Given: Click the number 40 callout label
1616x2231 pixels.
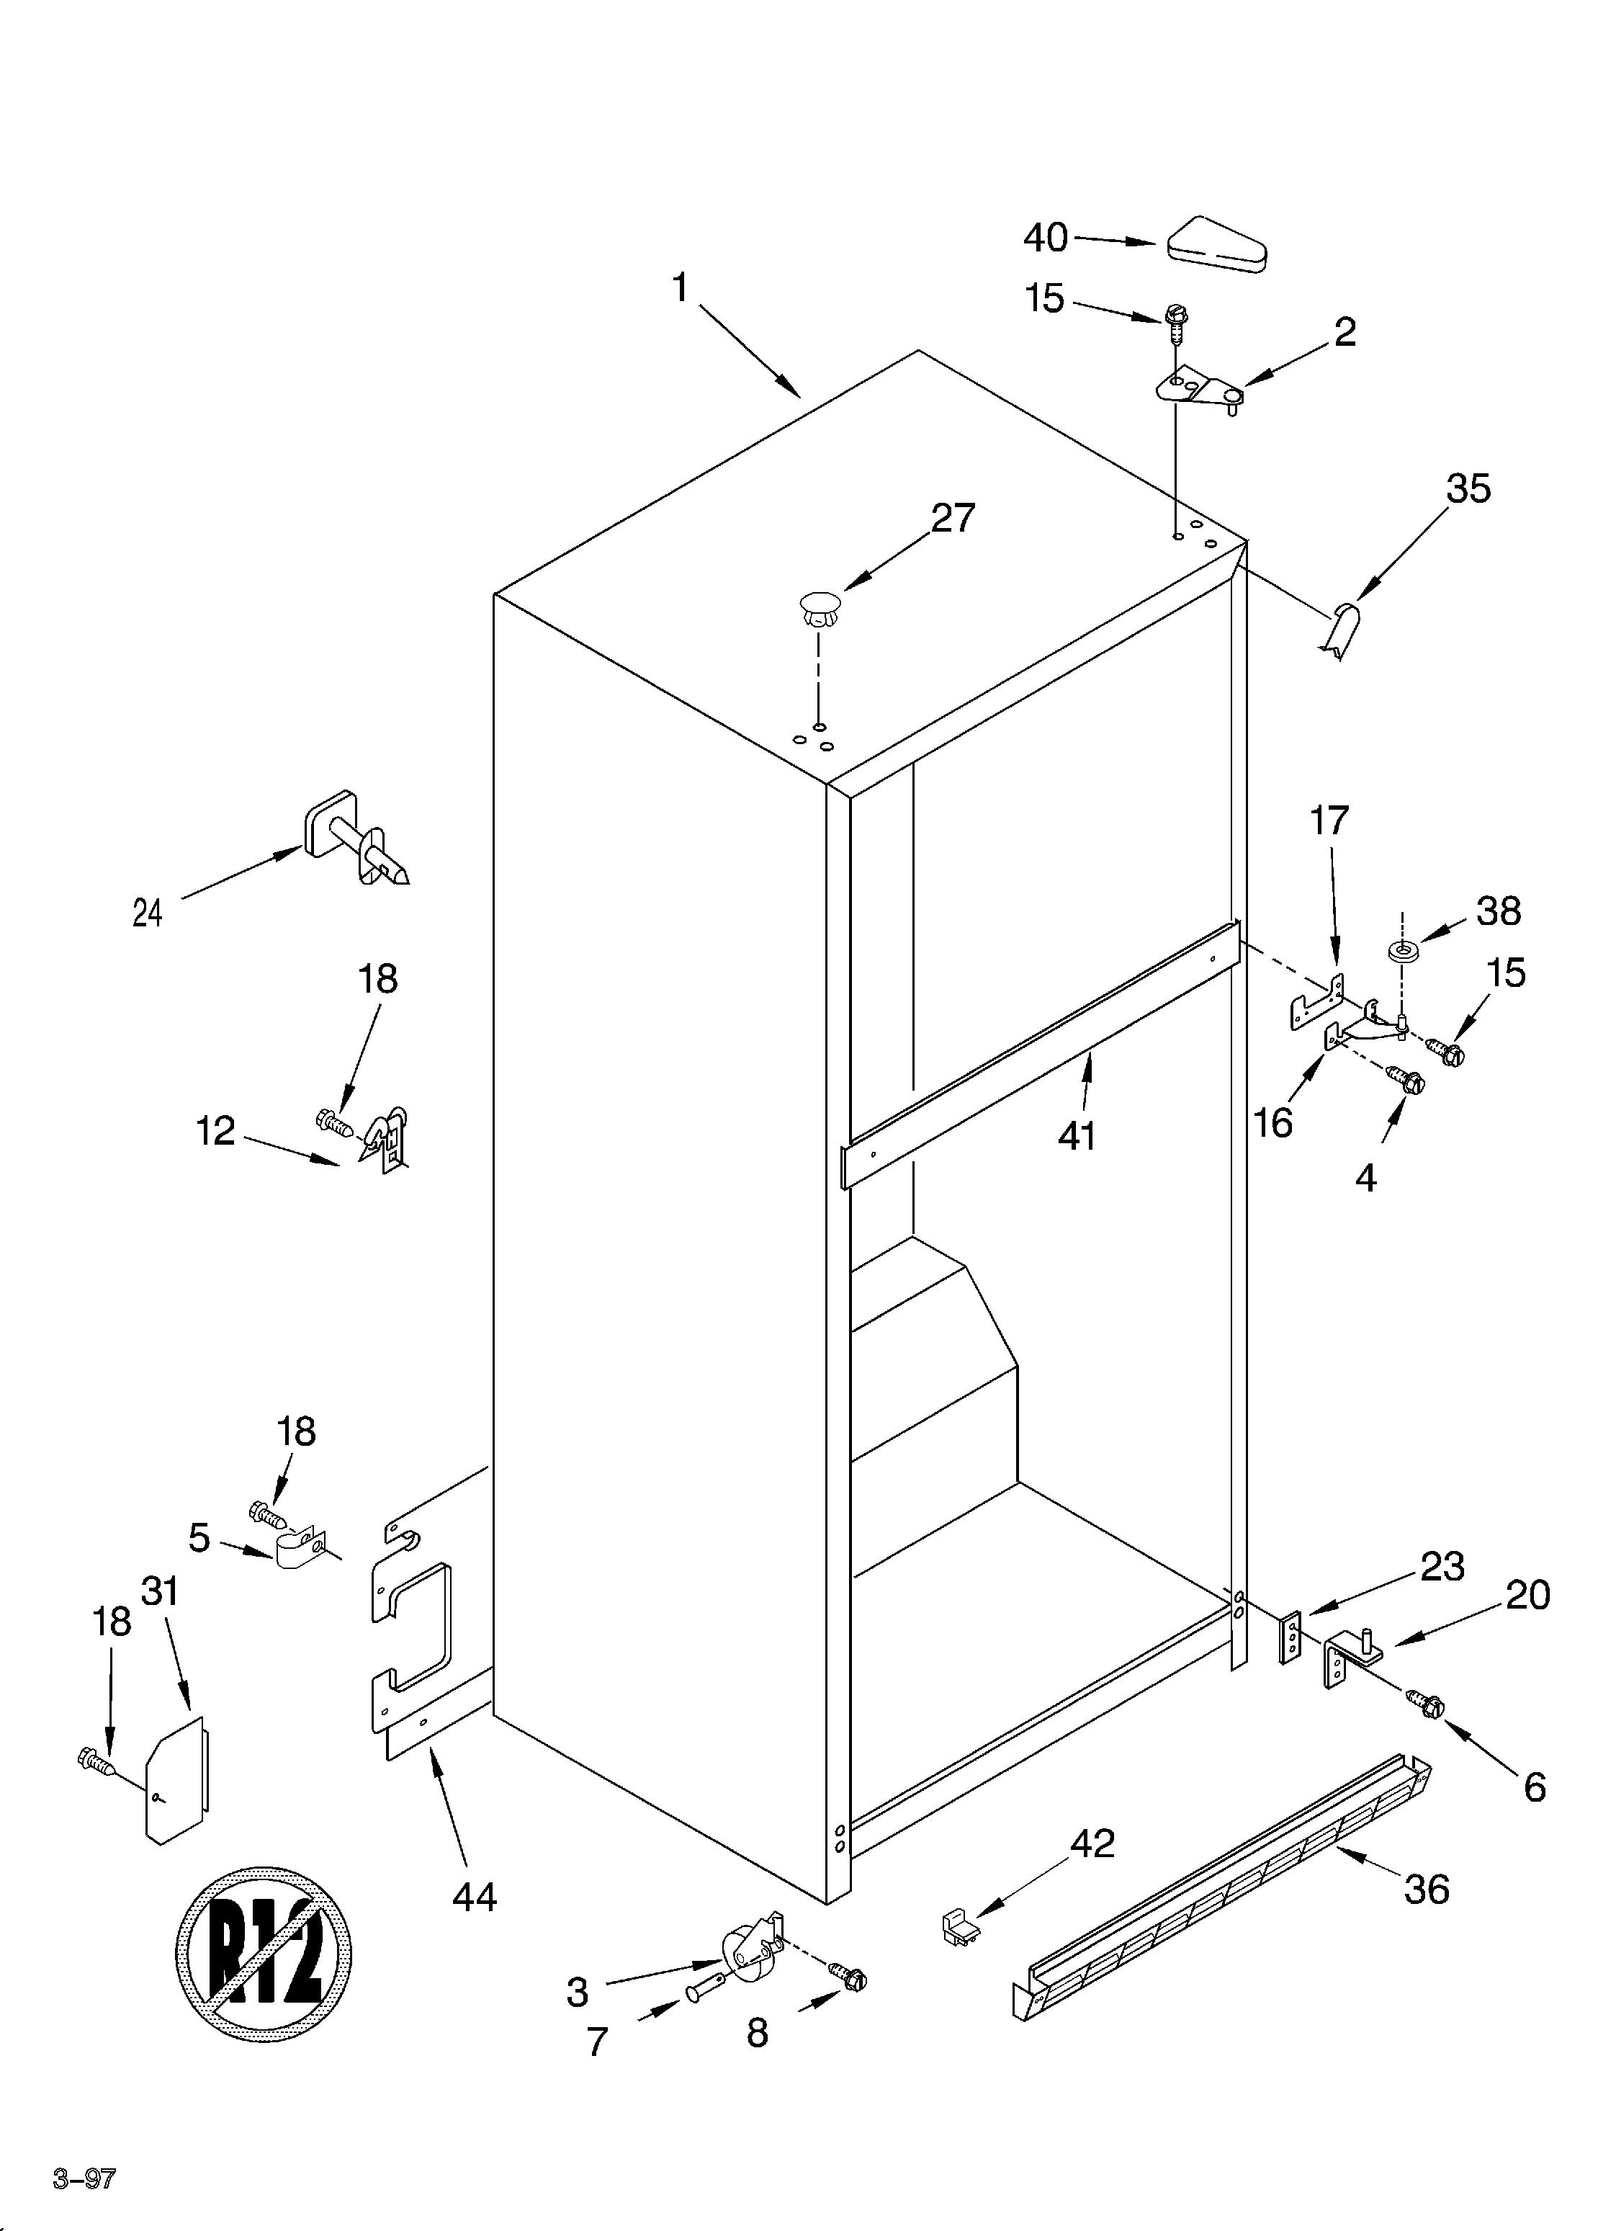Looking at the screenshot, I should (x=1044, y=237).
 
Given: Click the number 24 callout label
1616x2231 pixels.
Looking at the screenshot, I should (x=147, y=914).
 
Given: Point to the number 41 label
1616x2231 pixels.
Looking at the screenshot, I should (x=1077, y=1136).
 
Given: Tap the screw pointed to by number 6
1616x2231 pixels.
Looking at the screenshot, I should (x=1425, y=1702).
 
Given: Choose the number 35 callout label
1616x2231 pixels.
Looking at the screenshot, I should (x=1468, y=489).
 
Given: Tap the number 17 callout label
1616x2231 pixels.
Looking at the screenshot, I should (x=1329, y=819).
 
